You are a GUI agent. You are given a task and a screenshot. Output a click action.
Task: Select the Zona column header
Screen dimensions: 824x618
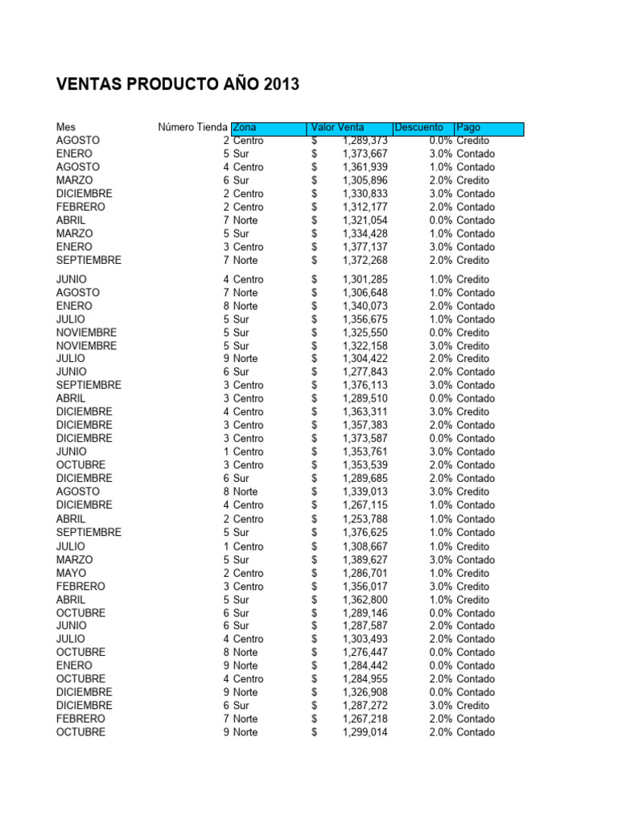(x=245, y=128)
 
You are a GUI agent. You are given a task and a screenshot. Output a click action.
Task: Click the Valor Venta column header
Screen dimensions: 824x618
(x=338, y=128)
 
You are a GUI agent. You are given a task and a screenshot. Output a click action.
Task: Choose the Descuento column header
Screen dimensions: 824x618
(x=418, y=128)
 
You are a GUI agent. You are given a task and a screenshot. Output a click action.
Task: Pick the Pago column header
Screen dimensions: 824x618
(x=468, y=128)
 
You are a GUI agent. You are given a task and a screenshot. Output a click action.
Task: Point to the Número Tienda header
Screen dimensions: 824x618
(x=192, y=128)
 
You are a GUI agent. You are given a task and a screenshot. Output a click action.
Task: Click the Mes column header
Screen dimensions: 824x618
(x=65, y=128)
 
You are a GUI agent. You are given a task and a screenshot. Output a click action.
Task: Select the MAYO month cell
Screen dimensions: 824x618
(x=71, y=573)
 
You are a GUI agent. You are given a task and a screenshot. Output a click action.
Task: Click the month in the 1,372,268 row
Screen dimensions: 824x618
(x=89, y=260)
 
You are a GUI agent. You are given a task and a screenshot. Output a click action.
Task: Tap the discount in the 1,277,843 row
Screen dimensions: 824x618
(x=440, y=372)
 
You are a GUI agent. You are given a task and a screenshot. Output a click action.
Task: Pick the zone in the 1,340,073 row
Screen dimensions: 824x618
(x=245, y=306)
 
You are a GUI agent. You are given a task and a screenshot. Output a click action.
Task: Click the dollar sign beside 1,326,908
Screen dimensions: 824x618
(x=315, y=692)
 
